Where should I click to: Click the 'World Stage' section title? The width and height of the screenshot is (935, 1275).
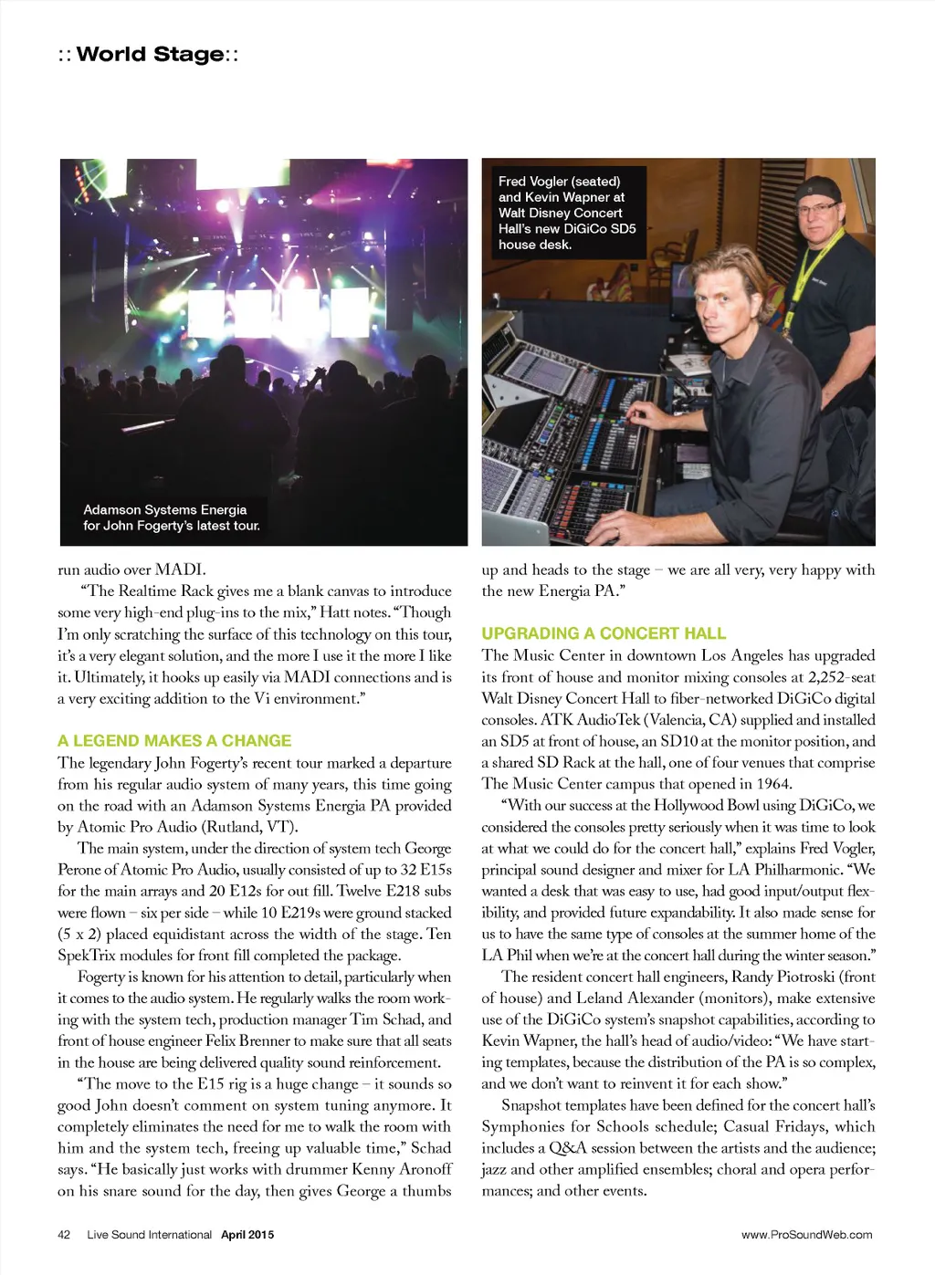(150, 54)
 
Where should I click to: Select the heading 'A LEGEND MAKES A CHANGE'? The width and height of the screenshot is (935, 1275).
(174, 741)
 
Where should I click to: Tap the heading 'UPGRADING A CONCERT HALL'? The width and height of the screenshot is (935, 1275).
(604, 633)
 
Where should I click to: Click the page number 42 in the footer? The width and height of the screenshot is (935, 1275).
(64, 1235)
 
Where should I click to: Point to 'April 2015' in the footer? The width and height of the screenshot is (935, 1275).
(247, 1235)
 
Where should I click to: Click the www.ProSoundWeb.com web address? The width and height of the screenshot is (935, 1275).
(806, 1235)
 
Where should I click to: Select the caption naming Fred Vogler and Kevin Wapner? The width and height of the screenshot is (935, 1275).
(566, 213)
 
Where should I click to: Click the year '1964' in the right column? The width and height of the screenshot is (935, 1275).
(774, 784)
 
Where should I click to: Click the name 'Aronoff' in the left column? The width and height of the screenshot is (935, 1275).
(425, 1169)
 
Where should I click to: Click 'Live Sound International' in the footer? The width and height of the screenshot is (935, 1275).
(149, 1235)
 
